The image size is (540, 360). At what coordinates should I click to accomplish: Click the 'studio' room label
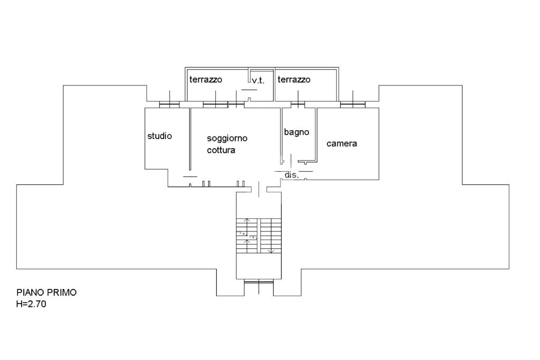pyautogui.click(x=159, y=136)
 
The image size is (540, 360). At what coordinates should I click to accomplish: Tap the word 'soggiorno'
pyautogui.click(x=227, y=138)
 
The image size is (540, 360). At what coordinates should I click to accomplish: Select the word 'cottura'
pyautogui.click(x=221, y=150)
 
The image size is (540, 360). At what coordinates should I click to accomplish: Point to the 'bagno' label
pyautogui.click(x=296, y=132)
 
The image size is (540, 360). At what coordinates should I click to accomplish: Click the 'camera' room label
pyautogui.click(x=342, y=143)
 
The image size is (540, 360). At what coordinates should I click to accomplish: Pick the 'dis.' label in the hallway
pyautogui.click(x=292, y=175)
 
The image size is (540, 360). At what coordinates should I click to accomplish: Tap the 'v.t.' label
pyautogui.click(x=258, y=81)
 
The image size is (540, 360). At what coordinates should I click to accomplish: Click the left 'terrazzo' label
pyautogui.click(x=206, y=80)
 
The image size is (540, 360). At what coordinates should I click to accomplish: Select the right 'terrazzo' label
pyautogui.click(x=294, y=80)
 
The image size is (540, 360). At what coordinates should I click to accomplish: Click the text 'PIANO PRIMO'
pyautogui.click(x=46, y=293)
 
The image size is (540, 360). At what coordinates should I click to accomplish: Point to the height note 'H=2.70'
pyautogui.click(x=32, y=304)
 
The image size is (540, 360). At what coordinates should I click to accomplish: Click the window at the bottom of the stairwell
pyautogui.click(x=258, y=285)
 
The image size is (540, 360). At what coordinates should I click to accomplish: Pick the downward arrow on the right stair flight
pyautogui.click(x=271, y=248)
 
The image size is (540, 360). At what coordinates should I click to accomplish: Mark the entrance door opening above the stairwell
pyautogui.click(x=258, y=189)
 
